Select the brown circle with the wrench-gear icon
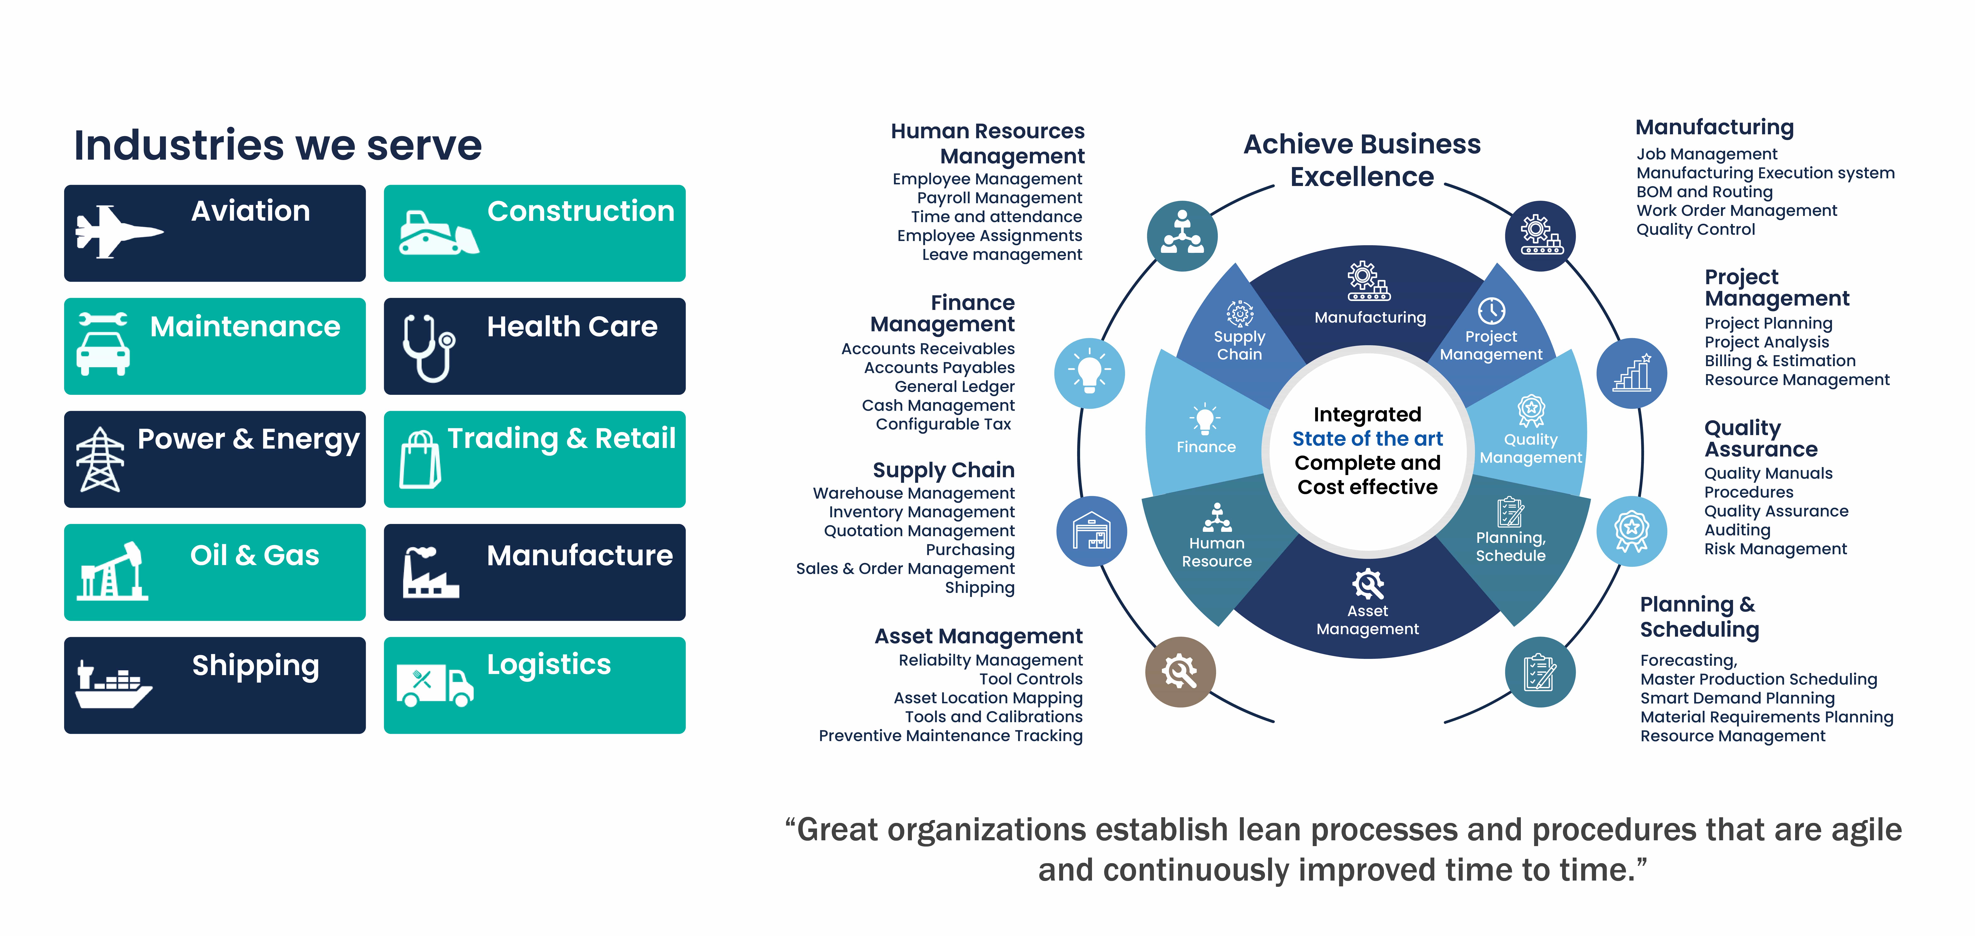[1180, 672]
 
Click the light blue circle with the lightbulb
[1089, 373]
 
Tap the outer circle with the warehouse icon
[1092, 531]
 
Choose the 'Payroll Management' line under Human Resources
[999, 198]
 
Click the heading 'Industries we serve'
[278, 146]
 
